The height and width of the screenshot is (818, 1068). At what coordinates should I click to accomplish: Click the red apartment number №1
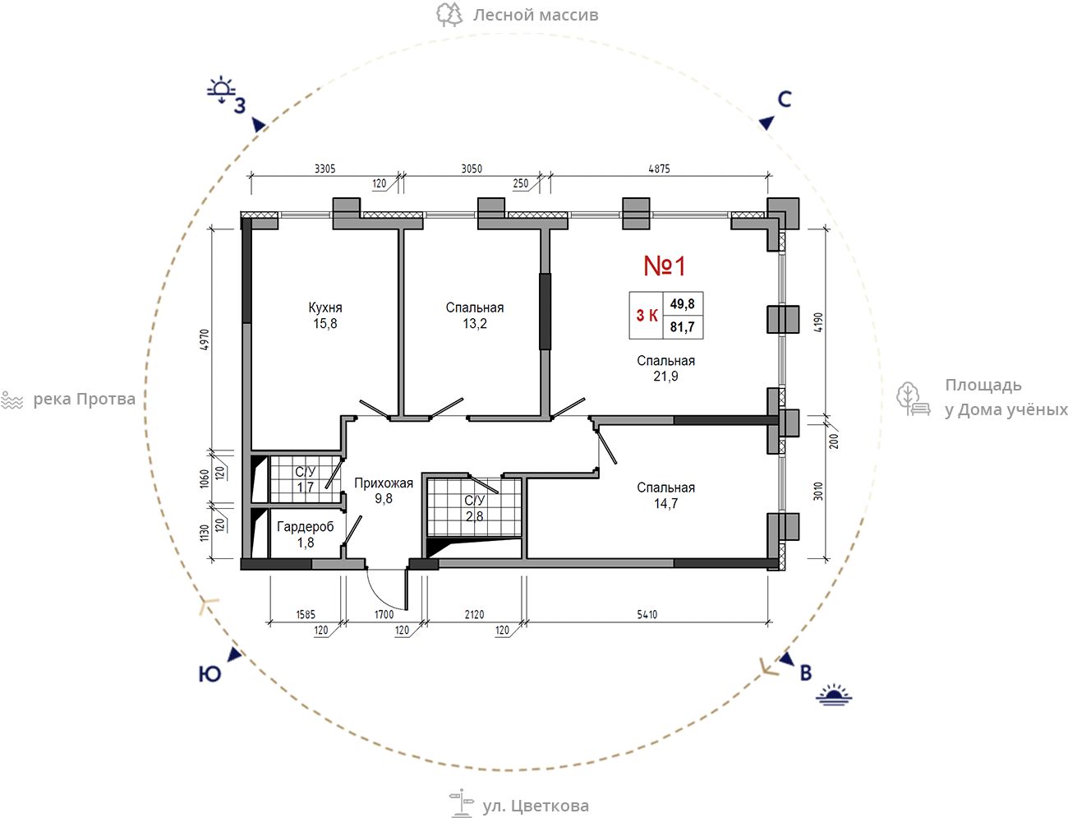click(x=664, y=266)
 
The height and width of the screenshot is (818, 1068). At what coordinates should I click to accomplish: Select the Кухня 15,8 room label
click(x=325, y=316)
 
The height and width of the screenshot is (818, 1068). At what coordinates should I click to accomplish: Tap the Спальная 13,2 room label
click(x=474, y=316)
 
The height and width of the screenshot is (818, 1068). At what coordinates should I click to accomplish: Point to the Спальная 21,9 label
click(x=665, y=368)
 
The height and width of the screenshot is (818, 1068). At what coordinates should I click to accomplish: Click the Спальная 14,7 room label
click(x=665, y=495)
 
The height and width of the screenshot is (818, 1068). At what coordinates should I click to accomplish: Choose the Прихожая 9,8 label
click(x=384, y=490)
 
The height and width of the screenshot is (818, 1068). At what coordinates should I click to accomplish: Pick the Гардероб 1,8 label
click(x=306, y=534)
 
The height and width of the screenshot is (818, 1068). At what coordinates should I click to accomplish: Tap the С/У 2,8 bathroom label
click(x=474, y=508)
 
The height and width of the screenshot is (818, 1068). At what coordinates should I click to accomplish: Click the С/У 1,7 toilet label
click(x=306, y=479)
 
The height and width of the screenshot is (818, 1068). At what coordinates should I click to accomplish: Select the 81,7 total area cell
click(x=682, y=326)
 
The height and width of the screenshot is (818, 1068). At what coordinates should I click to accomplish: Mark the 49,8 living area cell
click(x=682, y=304)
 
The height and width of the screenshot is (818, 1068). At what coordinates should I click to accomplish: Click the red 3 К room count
click(x=647, y=316)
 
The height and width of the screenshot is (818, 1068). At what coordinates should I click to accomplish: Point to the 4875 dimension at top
click(x=660, y=169)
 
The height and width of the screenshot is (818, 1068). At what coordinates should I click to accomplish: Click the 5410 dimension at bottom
click(x=647, y=614)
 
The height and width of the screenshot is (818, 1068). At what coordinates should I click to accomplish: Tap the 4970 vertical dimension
click(x=205, y=340)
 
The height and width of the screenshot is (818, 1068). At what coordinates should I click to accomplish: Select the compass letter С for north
click(x=785, y=99)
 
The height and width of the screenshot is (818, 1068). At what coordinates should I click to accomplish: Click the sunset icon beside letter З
click(x=221, y=90)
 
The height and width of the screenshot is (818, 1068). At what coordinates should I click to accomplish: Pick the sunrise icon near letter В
click(x=834, y=695)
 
